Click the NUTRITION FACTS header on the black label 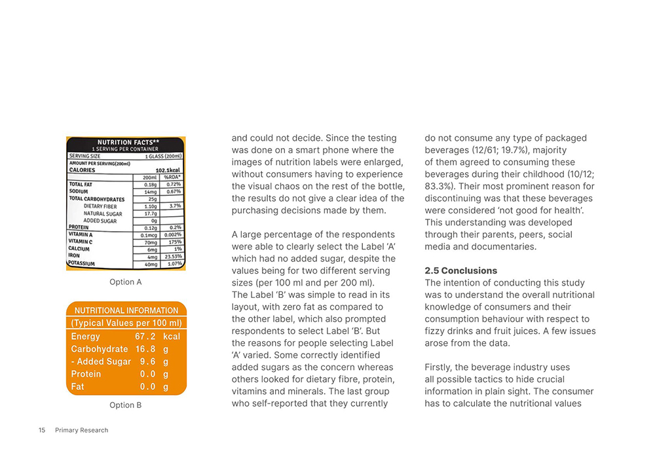click(x=126, y=142)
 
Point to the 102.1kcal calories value click(x=168, y=170)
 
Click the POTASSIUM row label click(x=82, y=264)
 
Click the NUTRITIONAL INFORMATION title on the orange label click(x=126, y=310)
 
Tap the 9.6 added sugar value click(x=147, y=361)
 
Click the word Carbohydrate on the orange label click(x=100, y=349)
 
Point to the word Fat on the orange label click(x=77, y=386)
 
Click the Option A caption click(x=125, y=282)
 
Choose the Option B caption click(x=125, y=405)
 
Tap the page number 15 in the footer click(x=42, y=430)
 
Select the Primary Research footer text click(x=82, y=430)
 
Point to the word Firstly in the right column click(x=441, y=367)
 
